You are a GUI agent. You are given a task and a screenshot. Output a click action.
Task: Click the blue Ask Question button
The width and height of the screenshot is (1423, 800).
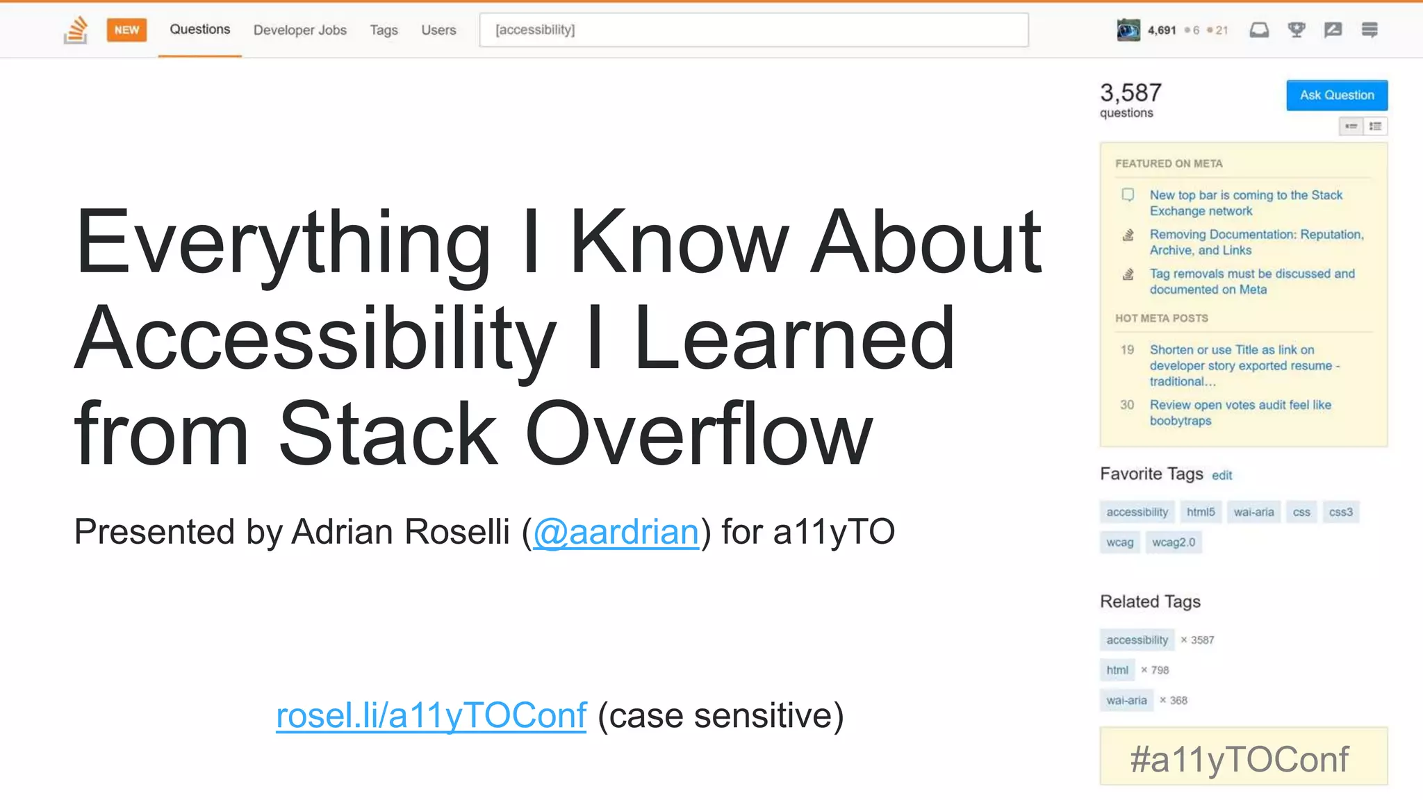(x=1336, y=95)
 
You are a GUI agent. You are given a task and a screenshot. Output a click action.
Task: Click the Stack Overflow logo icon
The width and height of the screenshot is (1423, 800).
(x=76, y=30)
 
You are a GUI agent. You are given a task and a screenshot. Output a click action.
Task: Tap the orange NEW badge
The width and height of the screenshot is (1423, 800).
(x=126, y=30)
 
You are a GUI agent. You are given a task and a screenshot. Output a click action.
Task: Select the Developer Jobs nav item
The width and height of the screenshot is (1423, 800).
(x=299, y=30)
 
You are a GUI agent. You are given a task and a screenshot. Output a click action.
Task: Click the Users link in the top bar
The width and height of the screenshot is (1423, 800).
(x=438, y=30)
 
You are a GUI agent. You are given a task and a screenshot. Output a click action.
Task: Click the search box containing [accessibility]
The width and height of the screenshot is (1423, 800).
(x=753, y=30)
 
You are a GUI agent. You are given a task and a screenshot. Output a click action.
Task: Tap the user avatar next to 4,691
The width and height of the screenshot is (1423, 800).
(x=1128, y=30)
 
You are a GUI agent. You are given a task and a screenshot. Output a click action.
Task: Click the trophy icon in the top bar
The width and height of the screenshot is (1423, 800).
(x=1296, y=30)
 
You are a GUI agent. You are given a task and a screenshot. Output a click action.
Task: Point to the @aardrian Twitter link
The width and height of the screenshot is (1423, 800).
(x=616, y=533)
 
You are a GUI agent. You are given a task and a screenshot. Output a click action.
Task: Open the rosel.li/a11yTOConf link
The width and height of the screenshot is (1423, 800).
(x=431, y=716)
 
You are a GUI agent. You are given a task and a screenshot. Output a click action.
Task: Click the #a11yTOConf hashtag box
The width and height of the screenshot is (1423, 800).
(x=1243, y=758)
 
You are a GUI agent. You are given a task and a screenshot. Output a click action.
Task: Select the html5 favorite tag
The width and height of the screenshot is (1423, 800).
(x=1200, y=512)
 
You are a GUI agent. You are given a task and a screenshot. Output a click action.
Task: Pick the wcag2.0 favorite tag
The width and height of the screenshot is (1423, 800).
(x=1173, y=542)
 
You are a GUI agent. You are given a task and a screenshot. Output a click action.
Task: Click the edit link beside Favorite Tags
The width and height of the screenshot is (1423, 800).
(x=1222, y=476)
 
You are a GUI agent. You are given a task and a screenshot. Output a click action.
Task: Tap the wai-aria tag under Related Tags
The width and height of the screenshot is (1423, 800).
(x=1126, y=700)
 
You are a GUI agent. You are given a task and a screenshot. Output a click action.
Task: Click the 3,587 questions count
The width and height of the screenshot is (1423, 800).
(x=1130, y=93)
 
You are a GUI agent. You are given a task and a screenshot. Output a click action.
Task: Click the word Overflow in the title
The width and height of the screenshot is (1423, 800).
(x=698, y=434)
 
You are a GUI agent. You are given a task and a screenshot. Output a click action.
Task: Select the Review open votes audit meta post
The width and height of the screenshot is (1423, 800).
(x=1240, y=412)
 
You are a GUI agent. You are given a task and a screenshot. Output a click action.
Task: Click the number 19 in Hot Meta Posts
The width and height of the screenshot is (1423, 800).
(x=1127, y=350)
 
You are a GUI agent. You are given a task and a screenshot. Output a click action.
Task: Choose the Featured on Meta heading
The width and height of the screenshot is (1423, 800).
(x=1169, y=164)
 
